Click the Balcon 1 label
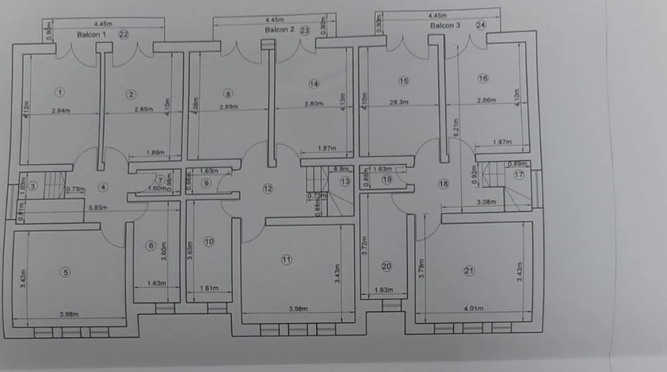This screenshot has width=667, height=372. [92, 35]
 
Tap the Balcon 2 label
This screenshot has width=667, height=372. [280, 29]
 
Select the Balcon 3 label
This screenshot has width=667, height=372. [445, 26]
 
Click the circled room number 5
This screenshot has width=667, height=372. [66, 272]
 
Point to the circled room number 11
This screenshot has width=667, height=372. [287, 260]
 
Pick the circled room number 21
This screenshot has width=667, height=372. [469, 270]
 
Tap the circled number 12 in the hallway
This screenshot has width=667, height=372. [268, 188]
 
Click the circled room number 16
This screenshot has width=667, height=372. [483, 78]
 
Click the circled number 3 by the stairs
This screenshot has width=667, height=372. [33, 186]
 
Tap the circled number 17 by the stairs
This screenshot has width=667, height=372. [519, 175]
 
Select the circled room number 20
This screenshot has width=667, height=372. [386, 266]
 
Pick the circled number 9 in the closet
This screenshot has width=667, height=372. [207, 183]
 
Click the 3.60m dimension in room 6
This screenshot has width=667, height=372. [166, 251]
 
